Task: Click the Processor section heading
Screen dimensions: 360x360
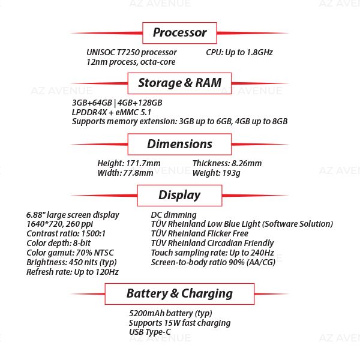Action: (179, 32)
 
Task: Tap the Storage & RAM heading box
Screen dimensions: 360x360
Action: (179, 83)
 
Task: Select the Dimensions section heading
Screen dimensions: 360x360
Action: (179, 144)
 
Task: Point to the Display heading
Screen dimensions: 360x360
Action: (179, 195)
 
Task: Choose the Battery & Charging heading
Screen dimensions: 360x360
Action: (179, 293)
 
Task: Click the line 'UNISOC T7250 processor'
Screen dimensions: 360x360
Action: (131, 52)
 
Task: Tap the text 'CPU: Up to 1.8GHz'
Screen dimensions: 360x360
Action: (239, 52)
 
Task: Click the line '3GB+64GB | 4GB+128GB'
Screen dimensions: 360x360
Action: (116, 103)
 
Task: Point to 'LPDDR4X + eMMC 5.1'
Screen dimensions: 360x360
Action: (112, 112)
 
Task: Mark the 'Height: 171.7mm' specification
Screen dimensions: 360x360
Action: (128, 163)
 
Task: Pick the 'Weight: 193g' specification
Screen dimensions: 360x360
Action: (216, 173)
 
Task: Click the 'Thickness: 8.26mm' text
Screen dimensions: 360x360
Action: (227, 163)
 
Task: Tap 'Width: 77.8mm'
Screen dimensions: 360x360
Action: (125, 173)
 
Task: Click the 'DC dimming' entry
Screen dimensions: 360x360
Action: (173, 214)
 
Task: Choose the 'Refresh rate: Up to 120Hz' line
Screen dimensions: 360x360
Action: (72, 272)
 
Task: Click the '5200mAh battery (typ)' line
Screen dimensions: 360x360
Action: (170, 313)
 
